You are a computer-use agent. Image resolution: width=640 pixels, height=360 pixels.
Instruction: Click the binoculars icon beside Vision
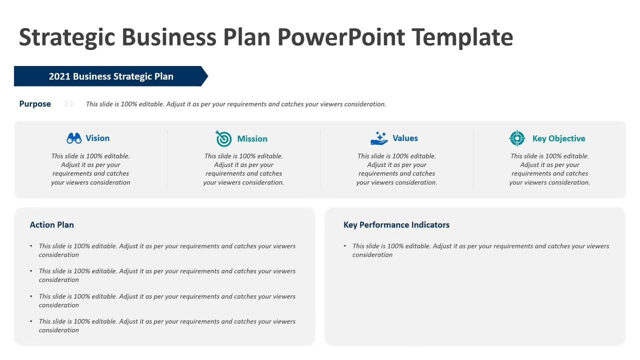tap(74, 138)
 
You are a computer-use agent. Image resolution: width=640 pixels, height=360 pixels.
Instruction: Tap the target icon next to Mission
tap(223, 138)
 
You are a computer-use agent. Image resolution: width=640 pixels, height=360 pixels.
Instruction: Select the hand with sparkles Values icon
tap(379, 138)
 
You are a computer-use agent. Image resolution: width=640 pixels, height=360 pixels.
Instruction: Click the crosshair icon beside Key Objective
tap(517, 138)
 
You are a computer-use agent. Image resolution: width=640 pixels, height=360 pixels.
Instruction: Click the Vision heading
tap(97, 138)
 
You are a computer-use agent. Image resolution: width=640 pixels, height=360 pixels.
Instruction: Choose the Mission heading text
tap(252, 139)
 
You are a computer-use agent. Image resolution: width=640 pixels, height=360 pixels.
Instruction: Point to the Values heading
tap(405, 138)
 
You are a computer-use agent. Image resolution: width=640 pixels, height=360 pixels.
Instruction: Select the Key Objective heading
tap(558, 139)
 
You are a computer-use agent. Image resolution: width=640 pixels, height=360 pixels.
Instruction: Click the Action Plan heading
tap(51, 225)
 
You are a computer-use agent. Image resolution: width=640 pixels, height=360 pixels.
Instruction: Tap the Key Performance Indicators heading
tap(396, 225)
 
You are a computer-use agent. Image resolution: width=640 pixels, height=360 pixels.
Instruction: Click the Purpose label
tap(35, 104)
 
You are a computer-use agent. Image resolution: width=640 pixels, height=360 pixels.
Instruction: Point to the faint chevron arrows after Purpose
tap(68, 104)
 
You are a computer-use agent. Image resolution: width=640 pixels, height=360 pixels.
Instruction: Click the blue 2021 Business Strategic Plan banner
tap(111, 76)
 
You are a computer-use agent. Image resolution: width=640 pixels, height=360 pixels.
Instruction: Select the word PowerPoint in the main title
tap(341, 37)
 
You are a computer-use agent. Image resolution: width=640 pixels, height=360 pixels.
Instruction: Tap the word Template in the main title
tap(462, 37)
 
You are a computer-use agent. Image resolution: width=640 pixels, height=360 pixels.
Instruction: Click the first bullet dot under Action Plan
tap(31, 246)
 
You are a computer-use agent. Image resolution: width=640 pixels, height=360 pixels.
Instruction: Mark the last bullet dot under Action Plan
tap(31, 321)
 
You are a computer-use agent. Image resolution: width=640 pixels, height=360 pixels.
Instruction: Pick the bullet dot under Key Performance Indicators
tap(345, 246)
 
